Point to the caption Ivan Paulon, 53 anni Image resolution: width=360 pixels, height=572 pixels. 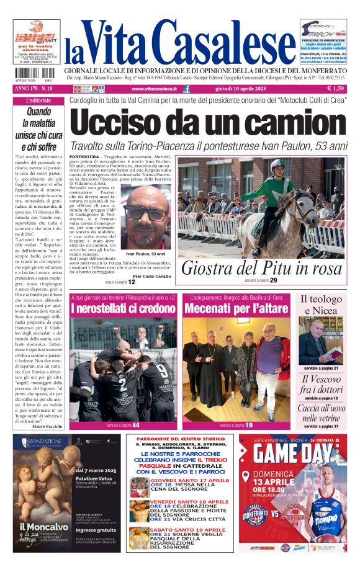click(x=146, y=254)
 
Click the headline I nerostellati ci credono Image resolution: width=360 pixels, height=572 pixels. click(x=122, y=308)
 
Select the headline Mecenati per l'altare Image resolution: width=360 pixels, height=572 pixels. click(x=235, y=308)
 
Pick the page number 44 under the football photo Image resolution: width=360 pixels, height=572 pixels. click(x=135, y=425)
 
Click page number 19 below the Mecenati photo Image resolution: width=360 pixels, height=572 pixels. click(x=248, y=425)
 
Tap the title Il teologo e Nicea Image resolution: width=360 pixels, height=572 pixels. click(x=321, y=305)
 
